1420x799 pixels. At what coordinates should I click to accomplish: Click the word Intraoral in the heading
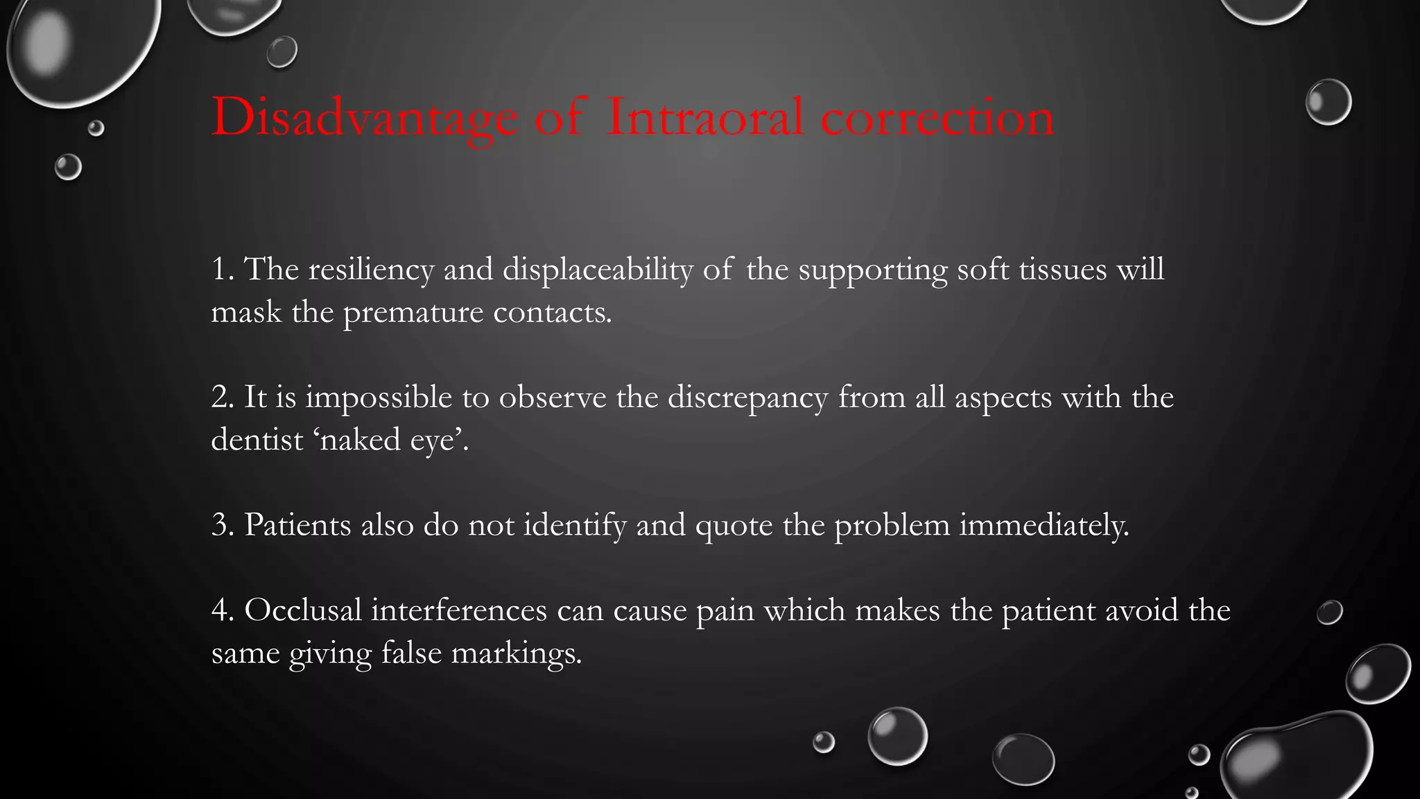coord(705,117)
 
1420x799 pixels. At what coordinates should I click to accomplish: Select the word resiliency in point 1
coord(371,270)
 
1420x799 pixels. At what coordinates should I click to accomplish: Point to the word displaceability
coord(597,270)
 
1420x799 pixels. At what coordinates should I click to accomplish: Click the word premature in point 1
coord(413,313)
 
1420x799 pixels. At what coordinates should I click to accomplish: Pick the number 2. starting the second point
coord(222,397)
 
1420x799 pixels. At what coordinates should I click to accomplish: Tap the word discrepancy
coord(747,398)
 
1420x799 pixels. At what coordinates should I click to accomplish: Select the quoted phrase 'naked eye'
coord(392,440)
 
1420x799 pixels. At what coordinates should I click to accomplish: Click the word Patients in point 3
coord(297,525)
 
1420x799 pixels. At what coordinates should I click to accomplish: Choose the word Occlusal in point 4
coord(303,610)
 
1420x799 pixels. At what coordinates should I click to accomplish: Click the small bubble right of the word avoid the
coord(1329,612)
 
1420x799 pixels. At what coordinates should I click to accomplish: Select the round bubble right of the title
coord(1328,102)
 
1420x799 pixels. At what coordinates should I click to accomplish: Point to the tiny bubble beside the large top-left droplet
coord(96,128)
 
